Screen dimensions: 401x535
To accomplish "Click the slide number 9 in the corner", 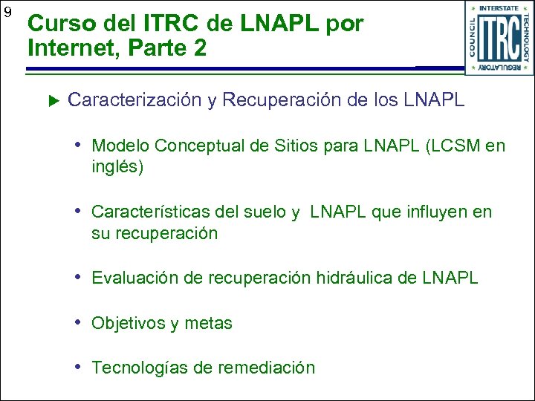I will (7, 13).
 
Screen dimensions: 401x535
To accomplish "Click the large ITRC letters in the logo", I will (499, 39).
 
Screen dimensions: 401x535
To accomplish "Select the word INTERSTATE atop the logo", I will (499, 8).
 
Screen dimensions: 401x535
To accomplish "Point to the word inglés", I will (117, 167).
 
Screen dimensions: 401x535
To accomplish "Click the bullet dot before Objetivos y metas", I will (79, 323).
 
